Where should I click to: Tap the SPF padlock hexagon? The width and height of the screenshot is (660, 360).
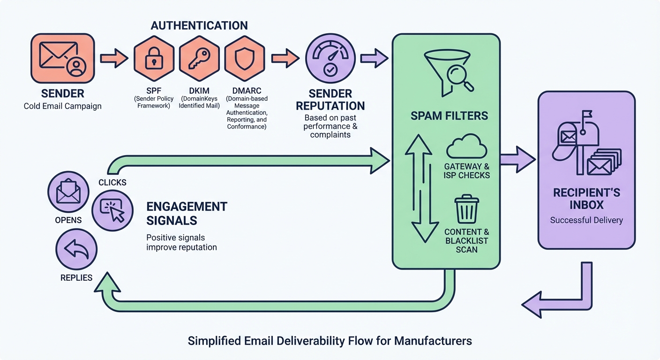pyautogui.click(x=153, y=58)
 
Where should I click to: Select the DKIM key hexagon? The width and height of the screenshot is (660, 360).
pyautogui.click(x=199, y=58)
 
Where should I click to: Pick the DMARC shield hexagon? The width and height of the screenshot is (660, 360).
pyautogui.click(x=244, y=58)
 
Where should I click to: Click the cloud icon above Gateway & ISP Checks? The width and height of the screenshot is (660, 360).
pyautogui.click(x=466, y=146)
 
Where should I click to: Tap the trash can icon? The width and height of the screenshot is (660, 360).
pyautogui.click(x=466, y=210)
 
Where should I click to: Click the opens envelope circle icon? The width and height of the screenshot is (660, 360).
pyautogui.click(x=68, y=192)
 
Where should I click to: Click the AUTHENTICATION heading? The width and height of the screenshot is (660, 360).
pyautogui.click(x=199, y=25)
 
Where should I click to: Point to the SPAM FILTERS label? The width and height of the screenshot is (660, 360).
pyautogui.click(x=449, y=115)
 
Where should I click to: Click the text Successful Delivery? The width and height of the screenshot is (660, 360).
pyautogui.click(x=586, y=220)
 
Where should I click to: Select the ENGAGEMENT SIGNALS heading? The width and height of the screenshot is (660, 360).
pyautogui.click(x=187, y=213)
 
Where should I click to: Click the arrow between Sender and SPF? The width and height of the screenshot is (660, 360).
pyautogui.click(x=114, y=58)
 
